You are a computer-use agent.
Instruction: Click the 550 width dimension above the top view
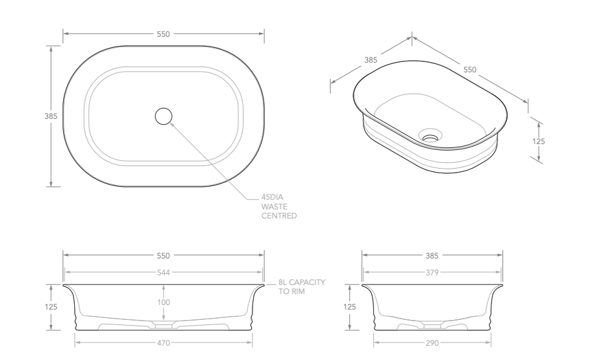163,34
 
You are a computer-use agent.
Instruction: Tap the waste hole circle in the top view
164,116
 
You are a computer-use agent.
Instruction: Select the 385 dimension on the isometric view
371,60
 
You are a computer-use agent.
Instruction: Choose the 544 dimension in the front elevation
163,273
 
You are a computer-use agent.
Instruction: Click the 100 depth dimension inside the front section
163,302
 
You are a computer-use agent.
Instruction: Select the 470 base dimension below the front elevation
163,343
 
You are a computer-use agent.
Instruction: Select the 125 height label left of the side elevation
349,308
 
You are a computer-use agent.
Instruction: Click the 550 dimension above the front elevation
163,255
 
